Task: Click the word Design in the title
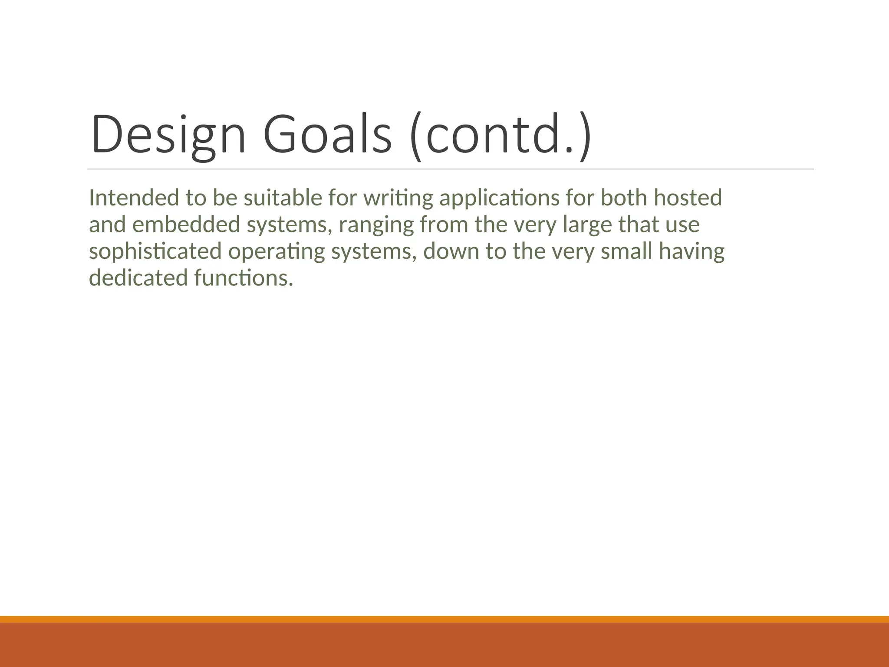[x=168, y=135]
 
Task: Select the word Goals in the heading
[x=328, y=135]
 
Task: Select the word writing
[x=398, y=198]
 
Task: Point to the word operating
[x=277, y=252]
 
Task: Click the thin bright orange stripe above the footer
[x=444, y=619]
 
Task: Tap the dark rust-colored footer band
[x=444, y=645]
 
